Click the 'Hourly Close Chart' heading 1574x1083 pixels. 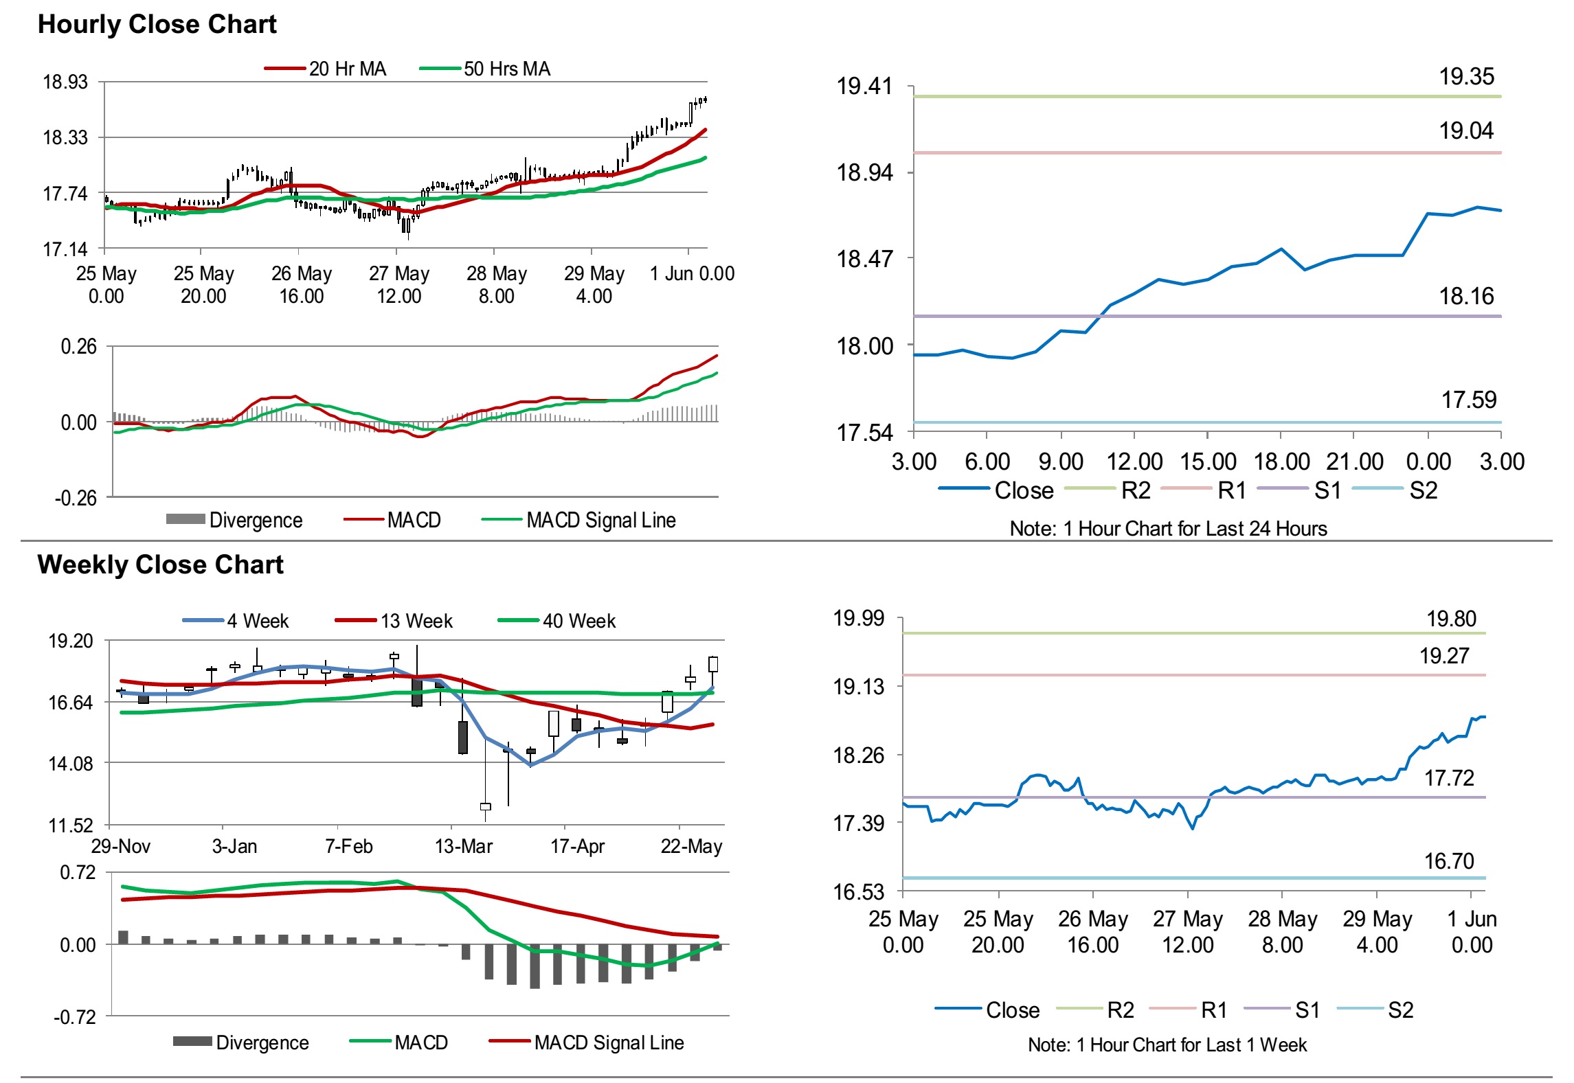coord(157,25)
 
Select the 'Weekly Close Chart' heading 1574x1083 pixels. coord(160,565)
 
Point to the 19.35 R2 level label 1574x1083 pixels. coord(1466,77)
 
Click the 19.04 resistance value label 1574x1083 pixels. coord(1466,130)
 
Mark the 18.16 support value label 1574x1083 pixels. coord(1466,297)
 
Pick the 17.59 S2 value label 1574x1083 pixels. coord(1468,400)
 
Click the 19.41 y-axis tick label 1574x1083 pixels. coord(864,87)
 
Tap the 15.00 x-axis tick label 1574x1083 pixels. coord(1208,461)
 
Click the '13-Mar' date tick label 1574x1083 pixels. coord(464,846)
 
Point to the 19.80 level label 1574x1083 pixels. coord(1451,619)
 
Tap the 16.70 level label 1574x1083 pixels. coord(1449,861)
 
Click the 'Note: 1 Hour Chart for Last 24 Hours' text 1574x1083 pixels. coord(1168,529)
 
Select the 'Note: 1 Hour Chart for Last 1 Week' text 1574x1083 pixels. coord(1167,1045)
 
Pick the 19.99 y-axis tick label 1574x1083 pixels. coord(859,618)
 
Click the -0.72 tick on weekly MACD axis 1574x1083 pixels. coord(75,1017)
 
